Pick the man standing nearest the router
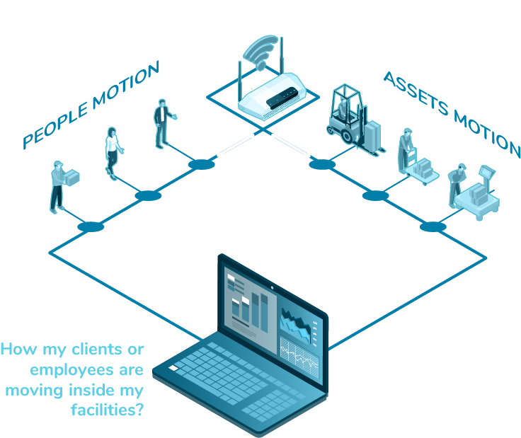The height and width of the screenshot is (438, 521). pos(162,123)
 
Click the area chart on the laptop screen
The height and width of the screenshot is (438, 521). pos(297,325)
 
